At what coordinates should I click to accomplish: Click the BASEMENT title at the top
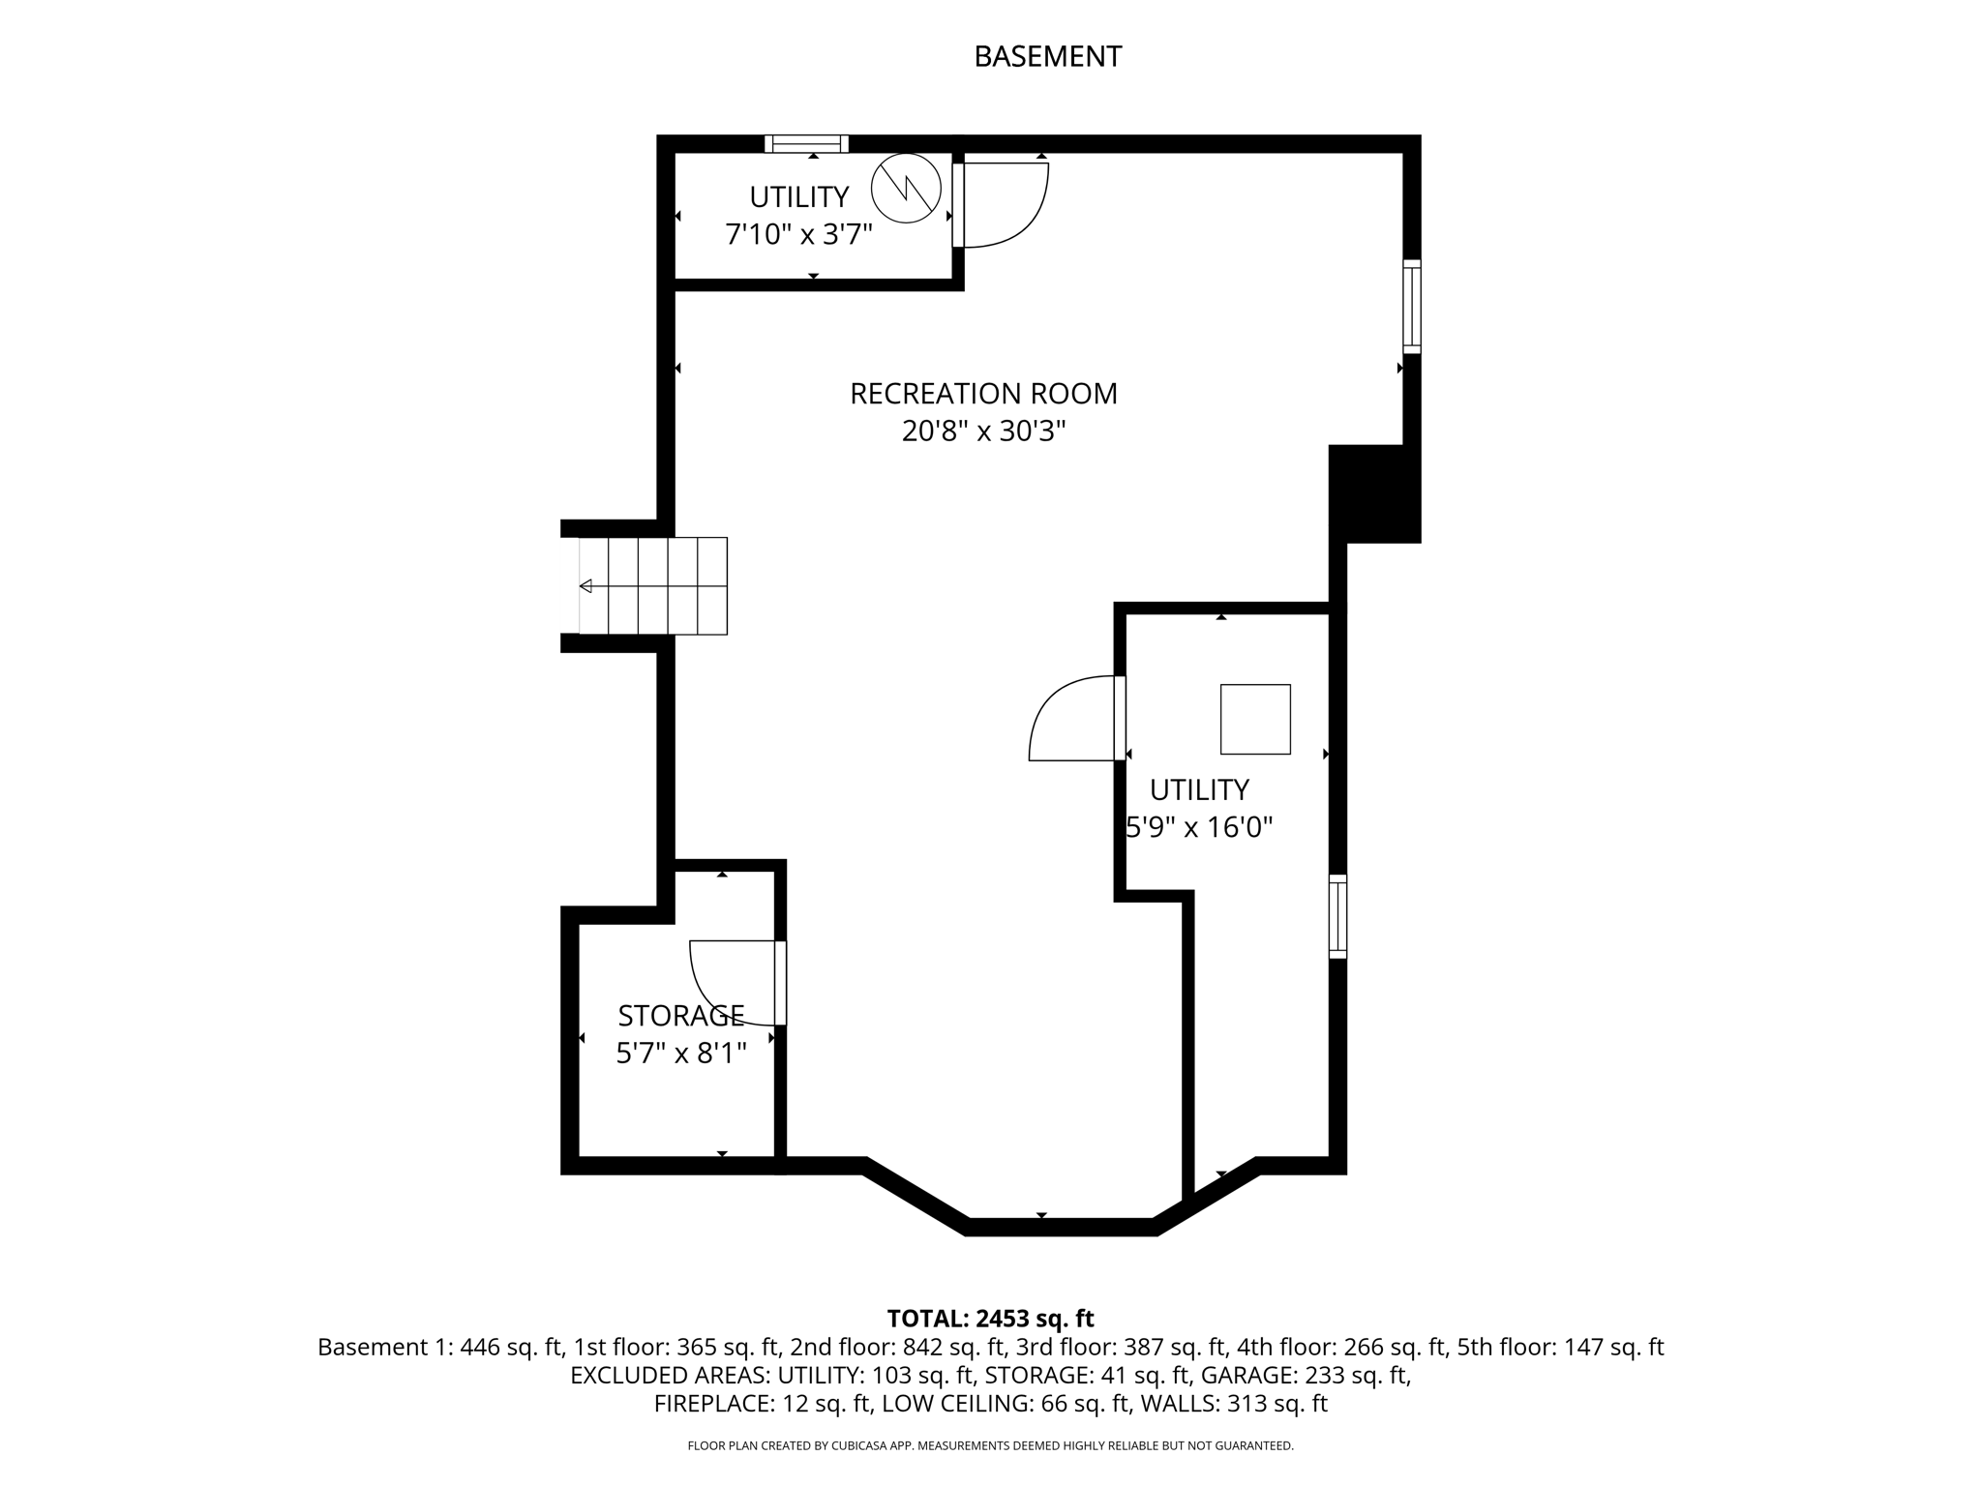pyautogui.click(x=1047, y=57)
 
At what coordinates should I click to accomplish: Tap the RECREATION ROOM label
pyautogui.click(x=983, y=394)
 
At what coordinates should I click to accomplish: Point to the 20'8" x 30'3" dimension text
pyautogui.click(x=983, y=431)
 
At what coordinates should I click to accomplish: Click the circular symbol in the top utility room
pyautogui.click(x=906, y=190)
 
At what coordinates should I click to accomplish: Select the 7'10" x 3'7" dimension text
pyautogui.click(x=799, y=234)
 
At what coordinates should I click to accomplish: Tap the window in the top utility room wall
pyautogui.click(x=806, y=144)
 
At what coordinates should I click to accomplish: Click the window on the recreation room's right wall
pyautogui.click(x=1412, y=306)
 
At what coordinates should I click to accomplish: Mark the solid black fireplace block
pyautogui.click(x=1374, y=493)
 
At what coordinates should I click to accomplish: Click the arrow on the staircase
pyautogui.click(x=586, y=586)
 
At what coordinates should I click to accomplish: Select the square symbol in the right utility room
pyautogui.click(x=1255, y=719)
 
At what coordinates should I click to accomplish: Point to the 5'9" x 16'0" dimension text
pyautogui.click(x=1200, y=828)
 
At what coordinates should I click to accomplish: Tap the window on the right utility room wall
pyautogui.click(x=1337, y=916)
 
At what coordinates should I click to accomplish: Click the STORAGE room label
pyautogui.click(x=681, y=1016)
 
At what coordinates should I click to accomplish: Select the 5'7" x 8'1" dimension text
pyautogui.click(x=681, y=1054)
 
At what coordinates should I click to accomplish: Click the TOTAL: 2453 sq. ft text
pyautogui.click(x=990, y=1319)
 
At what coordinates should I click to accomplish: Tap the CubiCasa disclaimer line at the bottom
pyautogui.click(x=990, y=1446)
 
